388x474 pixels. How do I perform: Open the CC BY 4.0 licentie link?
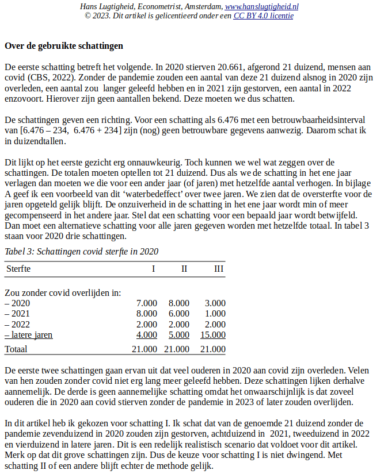(263, 16)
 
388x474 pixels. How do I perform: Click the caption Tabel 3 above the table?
(81, 251)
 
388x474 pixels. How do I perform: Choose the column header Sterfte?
(18, 268)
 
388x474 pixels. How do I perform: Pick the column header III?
(218, 268)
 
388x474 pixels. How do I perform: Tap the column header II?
(184, 268)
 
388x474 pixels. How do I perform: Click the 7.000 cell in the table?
(146, 303)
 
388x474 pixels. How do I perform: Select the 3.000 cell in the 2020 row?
(215, 303)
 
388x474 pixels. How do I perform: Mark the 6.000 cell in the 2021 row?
(178, 314)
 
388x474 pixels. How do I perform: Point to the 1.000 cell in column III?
(215, 314)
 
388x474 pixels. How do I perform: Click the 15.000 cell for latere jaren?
(212, 335)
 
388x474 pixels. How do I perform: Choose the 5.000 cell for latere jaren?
(178, 335)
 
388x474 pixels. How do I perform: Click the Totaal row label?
(17, 349)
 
